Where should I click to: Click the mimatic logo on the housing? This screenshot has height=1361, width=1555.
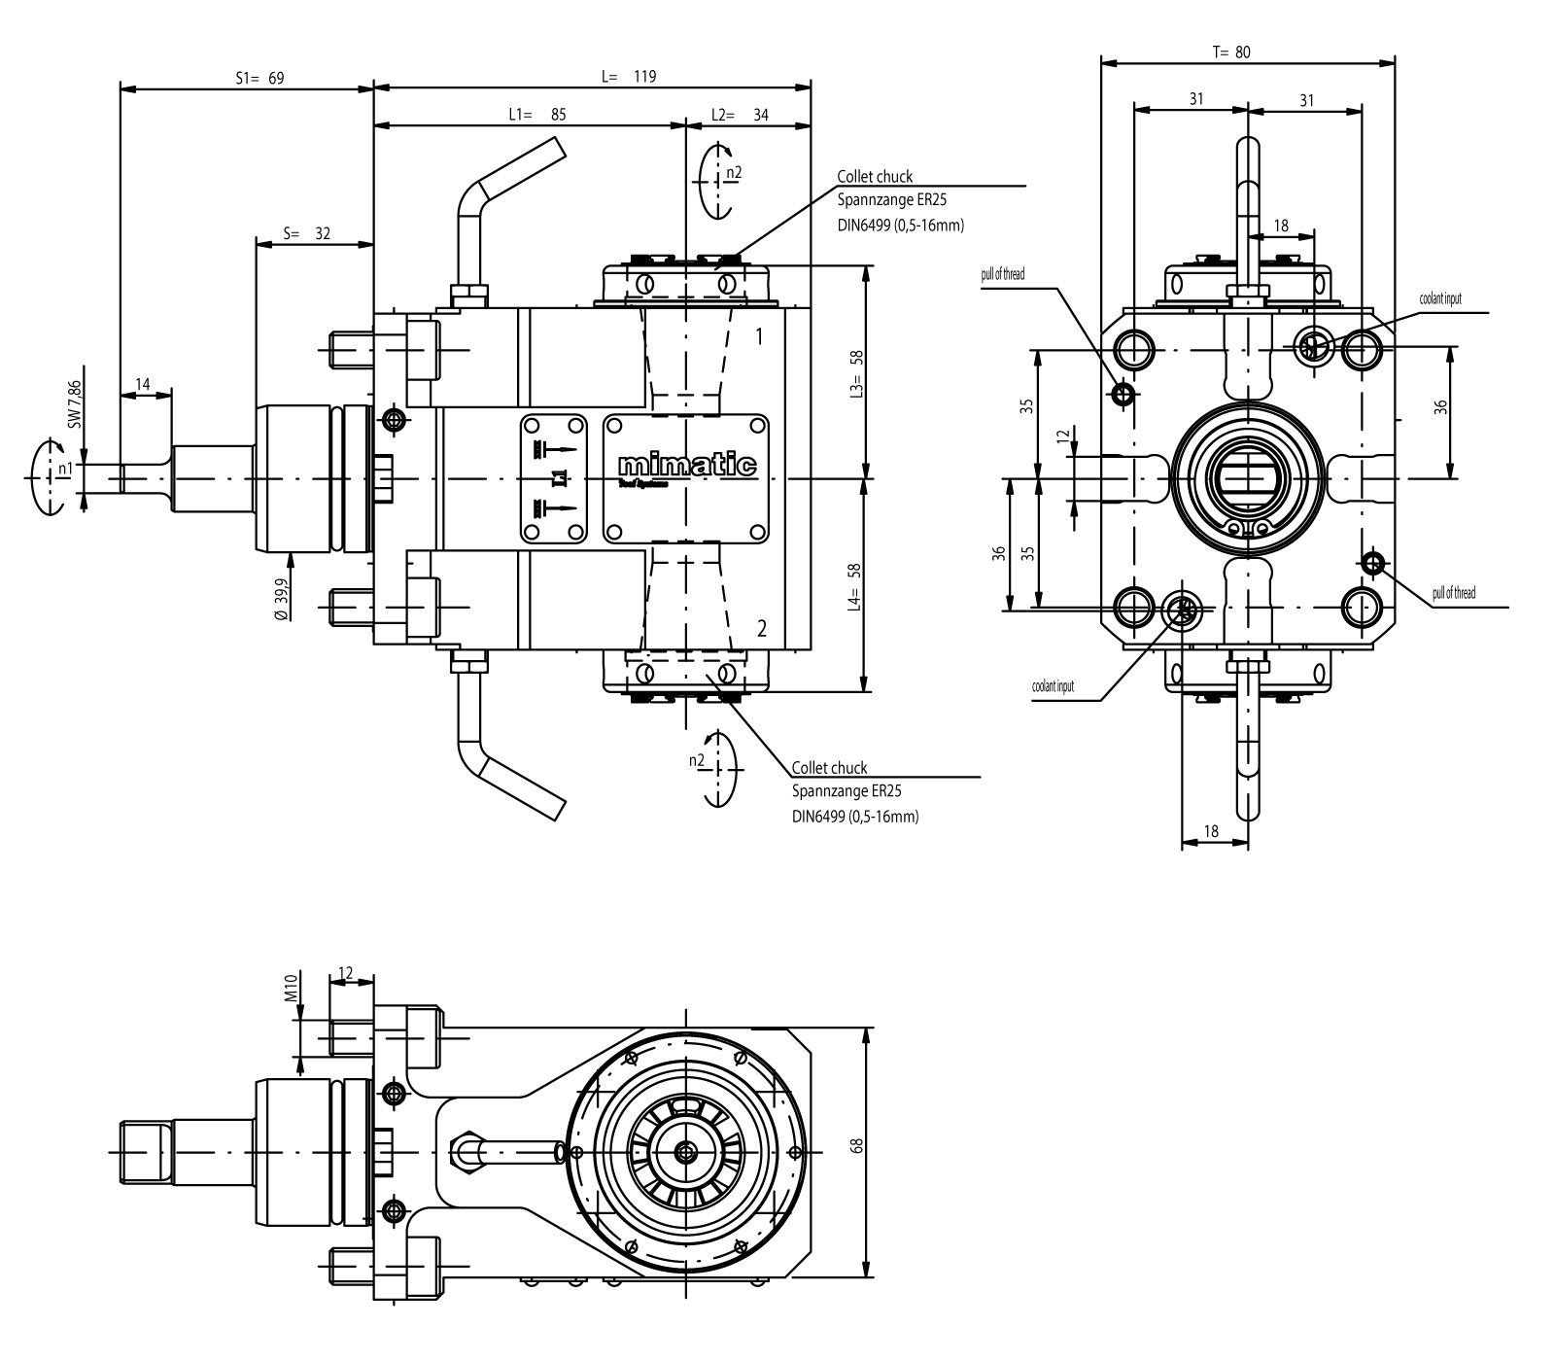click(687, 465)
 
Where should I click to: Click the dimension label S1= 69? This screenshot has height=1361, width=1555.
click(259, 78)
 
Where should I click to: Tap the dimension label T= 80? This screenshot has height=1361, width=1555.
click(1231, 52)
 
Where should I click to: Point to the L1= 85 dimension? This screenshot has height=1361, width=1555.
click(536, 114)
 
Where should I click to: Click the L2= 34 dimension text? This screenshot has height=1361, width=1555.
click(740, 114)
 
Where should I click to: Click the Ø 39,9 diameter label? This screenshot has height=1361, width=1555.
click(281, 600)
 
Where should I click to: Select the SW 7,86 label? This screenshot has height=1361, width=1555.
click(75, 404)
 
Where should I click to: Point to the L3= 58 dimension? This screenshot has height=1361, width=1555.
click(856, 371)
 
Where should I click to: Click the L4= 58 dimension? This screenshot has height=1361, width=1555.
click(856, 586)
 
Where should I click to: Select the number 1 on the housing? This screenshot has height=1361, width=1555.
click(760, 336)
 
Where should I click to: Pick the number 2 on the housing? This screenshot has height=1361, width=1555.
click(761, 628)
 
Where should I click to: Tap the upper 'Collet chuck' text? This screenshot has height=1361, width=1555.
click(875, 177)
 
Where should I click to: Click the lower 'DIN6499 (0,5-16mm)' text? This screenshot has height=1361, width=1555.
click(854, 817)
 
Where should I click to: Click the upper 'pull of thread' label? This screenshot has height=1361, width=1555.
click(1002, 274)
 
